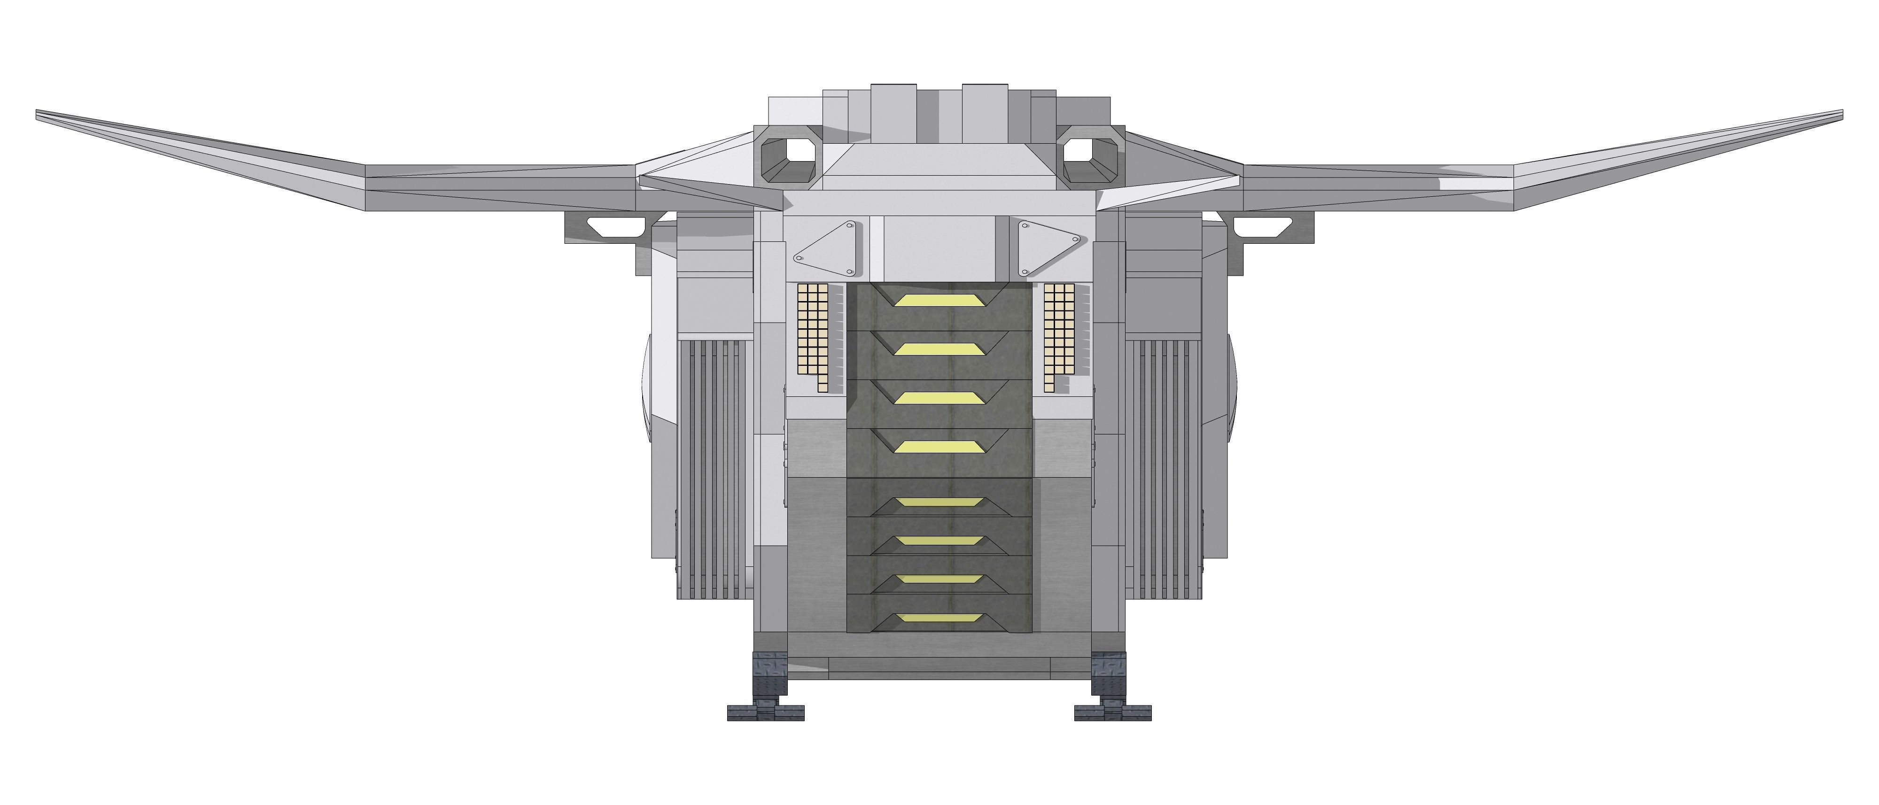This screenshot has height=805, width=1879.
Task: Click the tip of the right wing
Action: pos(1839,113)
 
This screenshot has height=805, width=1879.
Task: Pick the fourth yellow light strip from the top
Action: pos(939,446)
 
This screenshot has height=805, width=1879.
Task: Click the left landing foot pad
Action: pos(765,712)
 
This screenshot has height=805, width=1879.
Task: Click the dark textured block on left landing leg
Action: pos(770,674)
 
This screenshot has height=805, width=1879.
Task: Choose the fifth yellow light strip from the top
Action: pos(939,503)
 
